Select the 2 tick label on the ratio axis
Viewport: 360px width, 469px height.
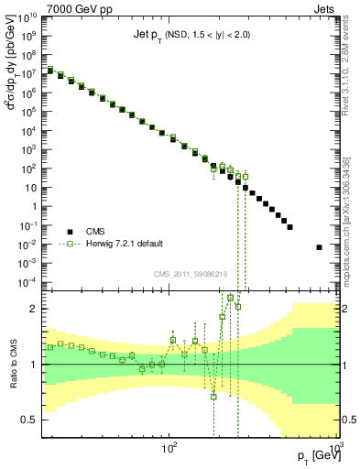pyautogui.click(x=33, y=309)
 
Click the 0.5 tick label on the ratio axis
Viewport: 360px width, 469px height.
pyautogui.click(x=29, y=420)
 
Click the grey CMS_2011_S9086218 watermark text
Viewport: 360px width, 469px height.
pyautogui.click(x=191, y=273)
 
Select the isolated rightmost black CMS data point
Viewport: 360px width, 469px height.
pyautogui.click(x=319, y=247)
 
